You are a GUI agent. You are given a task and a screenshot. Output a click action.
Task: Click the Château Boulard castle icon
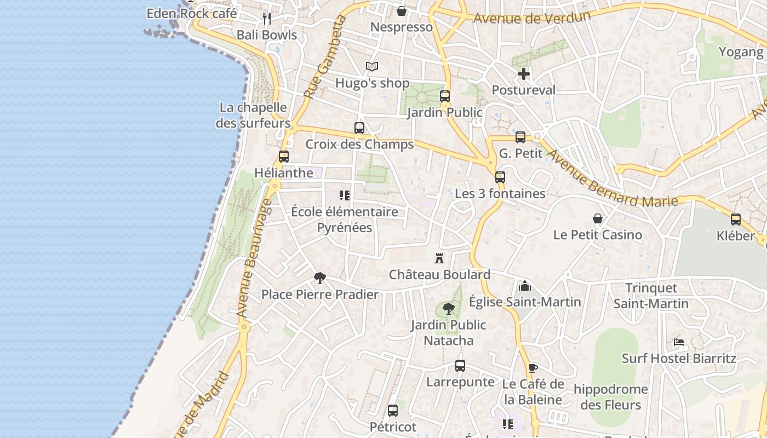439,258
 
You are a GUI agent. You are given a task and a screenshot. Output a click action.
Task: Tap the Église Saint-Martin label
525,302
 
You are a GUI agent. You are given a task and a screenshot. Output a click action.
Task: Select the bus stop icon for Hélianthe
284,157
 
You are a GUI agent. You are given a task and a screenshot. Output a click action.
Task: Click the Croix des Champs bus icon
359,128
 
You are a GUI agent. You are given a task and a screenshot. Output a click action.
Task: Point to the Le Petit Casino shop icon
598,219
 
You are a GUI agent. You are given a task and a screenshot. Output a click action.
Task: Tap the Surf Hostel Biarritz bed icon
679,342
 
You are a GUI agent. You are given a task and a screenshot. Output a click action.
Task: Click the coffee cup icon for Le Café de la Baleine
533,368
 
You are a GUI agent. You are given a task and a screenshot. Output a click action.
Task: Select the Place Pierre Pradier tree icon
319,278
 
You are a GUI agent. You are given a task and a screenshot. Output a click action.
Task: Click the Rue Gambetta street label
325,57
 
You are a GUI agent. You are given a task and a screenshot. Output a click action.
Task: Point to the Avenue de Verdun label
532,18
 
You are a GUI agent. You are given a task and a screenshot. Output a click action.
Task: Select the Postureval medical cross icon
524,74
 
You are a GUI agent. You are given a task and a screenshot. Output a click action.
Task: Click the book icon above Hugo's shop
372,67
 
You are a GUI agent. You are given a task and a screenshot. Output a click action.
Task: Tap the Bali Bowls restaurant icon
267,19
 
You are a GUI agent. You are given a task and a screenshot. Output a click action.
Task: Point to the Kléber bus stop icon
736,220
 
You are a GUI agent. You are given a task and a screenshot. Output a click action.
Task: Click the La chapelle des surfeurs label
253,115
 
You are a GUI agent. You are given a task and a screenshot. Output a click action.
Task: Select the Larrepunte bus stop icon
460,366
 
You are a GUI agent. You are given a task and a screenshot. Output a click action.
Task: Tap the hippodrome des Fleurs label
610,397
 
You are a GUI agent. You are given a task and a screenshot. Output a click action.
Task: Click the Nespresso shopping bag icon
402,11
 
